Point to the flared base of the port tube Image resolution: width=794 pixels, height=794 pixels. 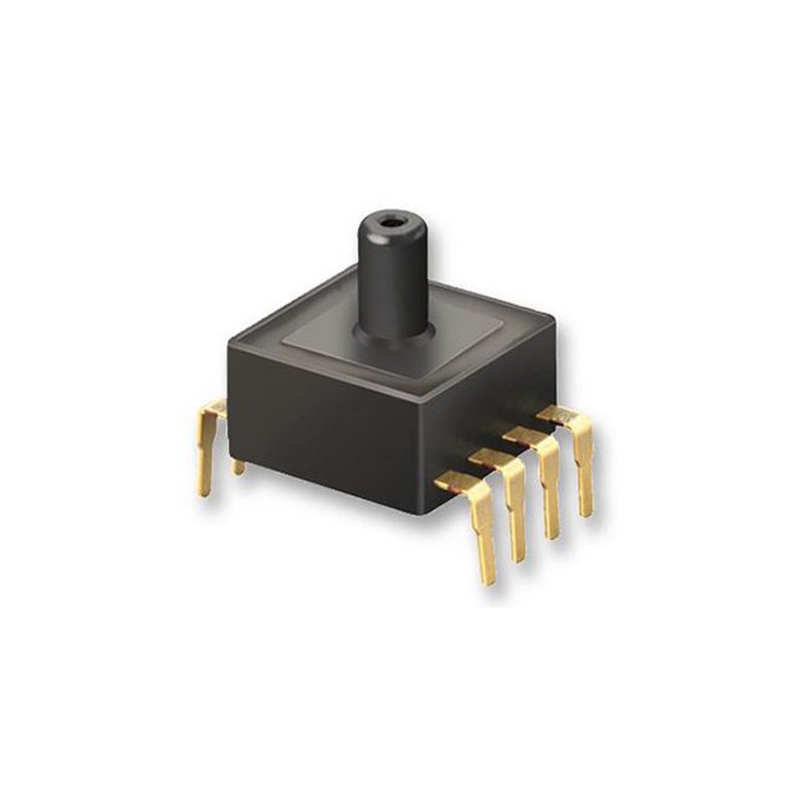point(396,332)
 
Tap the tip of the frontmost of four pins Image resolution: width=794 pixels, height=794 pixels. point(486,578)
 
